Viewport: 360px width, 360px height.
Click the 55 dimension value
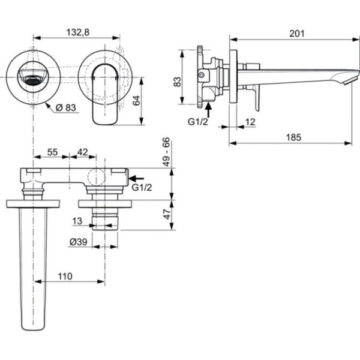52,153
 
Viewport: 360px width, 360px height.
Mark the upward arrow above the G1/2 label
207,110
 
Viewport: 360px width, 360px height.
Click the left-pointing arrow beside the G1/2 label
137,178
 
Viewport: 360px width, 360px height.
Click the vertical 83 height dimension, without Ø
178,83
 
